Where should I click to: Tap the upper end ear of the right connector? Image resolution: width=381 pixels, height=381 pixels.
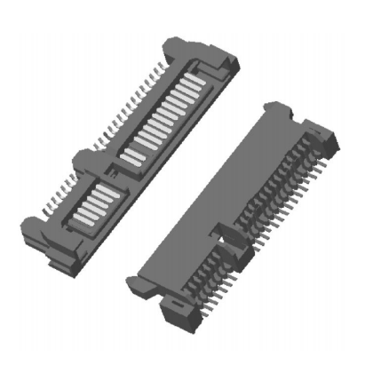click(x=275, y=110)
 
